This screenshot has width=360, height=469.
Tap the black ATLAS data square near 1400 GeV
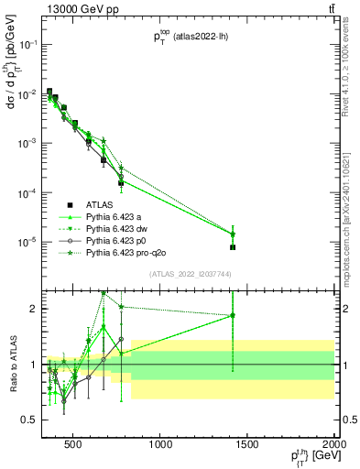(233, 247)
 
